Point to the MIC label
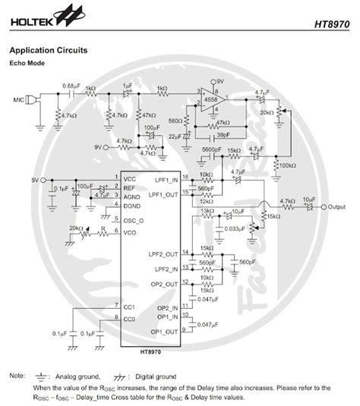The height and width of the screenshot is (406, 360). (17, 99)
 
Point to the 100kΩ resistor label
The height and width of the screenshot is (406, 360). (289, 165)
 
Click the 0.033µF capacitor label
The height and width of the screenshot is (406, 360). (234, 228)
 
